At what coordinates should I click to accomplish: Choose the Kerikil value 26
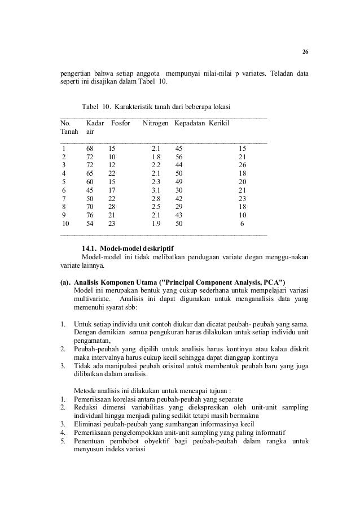coord(243,164)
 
